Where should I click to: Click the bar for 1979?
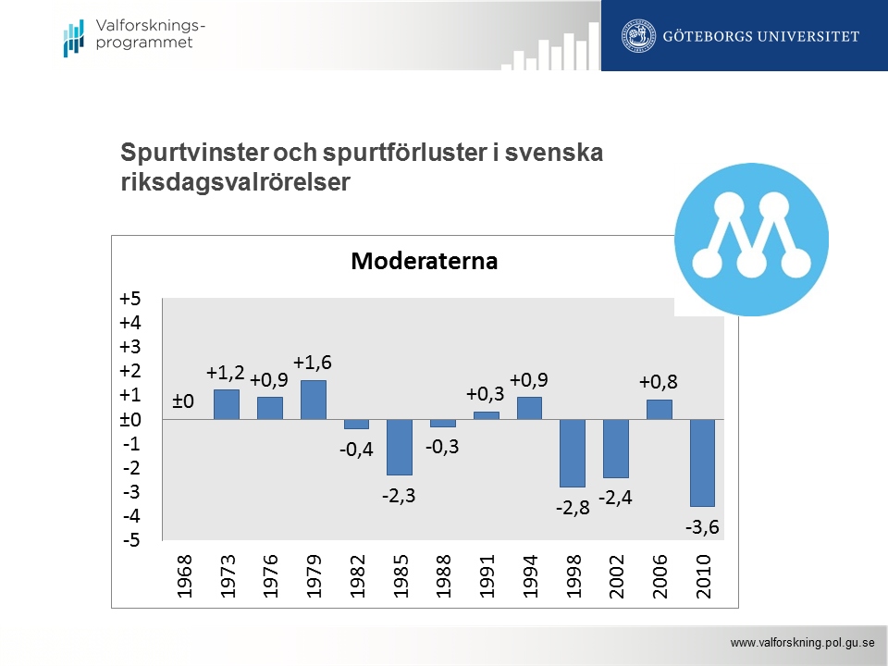click(x=314, y=400)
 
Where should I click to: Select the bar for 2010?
click(x=703, y=462)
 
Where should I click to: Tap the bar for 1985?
click(x=400, y=447)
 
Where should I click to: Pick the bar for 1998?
click(x=573, y=452)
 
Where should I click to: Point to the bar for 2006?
click(x=660, y=409)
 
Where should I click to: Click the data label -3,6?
click(x=703, y=528)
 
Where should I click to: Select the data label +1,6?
click(x=313, y=363)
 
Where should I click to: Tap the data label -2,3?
click(x=400, y=496)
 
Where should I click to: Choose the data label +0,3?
click(x=485, y=394)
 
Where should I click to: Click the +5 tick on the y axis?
click(x=129, y=299)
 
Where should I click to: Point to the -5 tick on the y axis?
click(x=130, y=540)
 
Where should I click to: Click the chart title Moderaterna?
click(x=425, y=261)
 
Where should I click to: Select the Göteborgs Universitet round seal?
click(x=637, y=36)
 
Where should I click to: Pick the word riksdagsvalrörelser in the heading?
click(x=236, y=182)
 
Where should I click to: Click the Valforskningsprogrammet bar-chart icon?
click(x=74, y=37)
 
